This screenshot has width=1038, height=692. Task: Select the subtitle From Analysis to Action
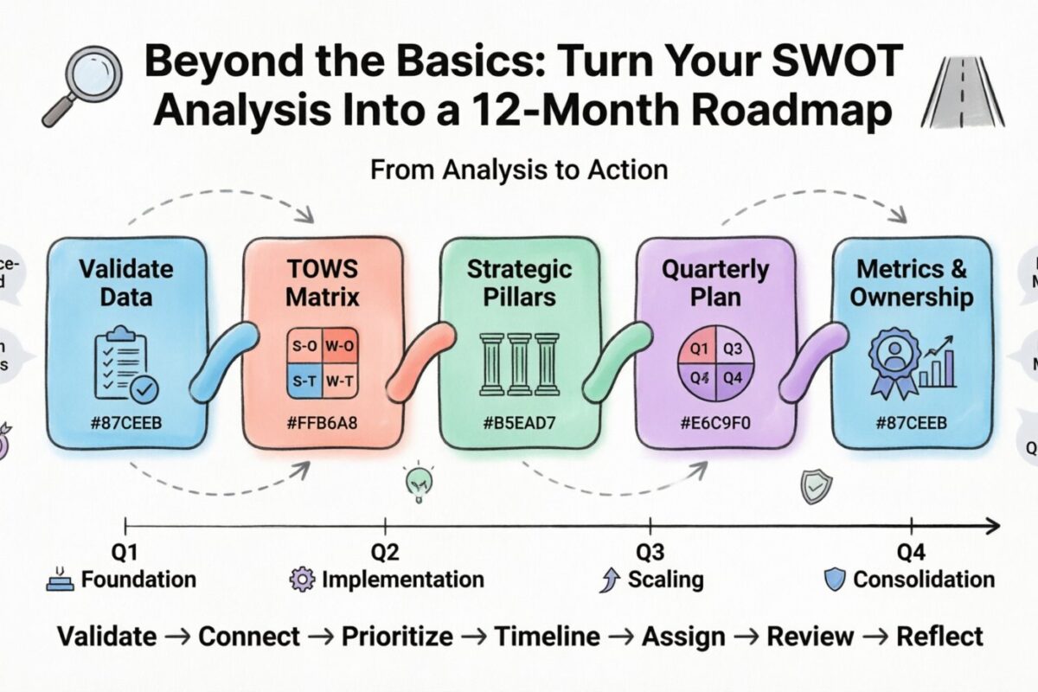pos(518,169)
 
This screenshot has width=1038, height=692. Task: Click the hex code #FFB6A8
pos(322,426)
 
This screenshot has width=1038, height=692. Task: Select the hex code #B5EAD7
pos(519,426)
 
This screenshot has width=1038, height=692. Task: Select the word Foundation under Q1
pos(138,580)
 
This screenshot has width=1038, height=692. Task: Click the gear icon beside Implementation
pos(302,580)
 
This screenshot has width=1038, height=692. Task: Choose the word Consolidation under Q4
pos(923,580)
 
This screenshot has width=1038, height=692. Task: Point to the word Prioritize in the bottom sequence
pos(397,637)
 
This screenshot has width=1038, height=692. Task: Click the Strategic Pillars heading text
pos(520,282)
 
